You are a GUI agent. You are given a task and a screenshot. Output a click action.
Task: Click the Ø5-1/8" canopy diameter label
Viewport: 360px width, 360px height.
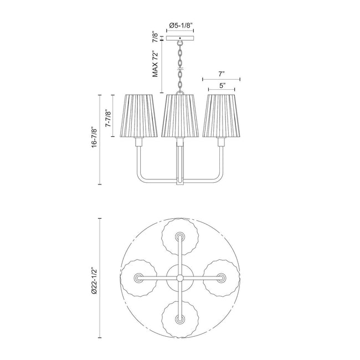pyautogui.click(x=180, y=25)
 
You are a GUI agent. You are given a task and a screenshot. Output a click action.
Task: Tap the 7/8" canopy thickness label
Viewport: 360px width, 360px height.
pyautogui.click(x=156, y=38)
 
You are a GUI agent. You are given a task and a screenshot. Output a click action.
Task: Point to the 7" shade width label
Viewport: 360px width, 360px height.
pyautogui.click(x=222, y=74)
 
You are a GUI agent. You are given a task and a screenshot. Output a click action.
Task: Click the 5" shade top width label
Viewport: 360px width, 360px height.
pyautogui.click(x=222, y=86)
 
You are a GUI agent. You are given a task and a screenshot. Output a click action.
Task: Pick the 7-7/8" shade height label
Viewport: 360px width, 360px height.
pyautogui.click(x=108, y=118)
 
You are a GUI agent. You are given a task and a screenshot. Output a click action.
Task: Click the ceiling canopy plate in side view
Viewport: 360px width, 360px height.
pyautogui.click(x=180, y=38)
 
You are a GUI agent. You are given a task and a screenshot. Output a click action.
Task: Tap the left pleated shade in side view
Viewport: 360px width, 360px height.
pyautogui.click(x=138, y=116)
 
